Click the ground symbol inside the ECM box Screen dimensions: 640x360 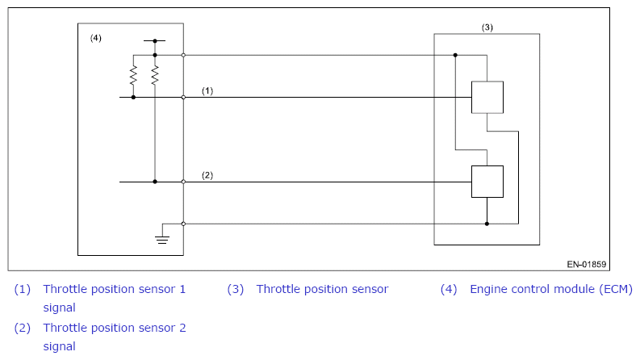[x=162, y=239]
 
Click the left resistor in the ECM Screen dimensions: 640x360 [x=133, y=76]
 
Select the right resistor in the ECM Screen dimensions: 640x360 [x=155, y=76]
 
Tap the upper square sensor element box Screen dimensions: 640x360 [x=487, y=97]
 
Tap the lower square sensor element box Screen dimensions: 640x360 [x=487, y=182]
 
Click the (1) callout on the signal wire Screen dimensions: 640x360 [x=207, y=90]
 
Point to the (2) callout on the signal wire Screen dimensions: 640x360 [x=207, y=175]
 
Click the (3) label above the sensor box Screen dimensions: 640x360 [x=487, y=27]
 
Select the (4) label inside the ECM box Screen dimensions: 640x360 [x=96, y=38]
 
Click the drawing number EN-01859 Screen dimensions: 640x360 [x=587, y=265]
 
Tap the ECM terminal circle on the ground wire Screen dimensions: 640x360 [x=184, y=224]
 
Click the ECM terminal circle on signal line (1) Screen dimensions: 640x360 [x=184, y=97]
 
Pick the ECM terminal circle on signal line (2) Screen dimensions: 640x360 [x=184, y=182]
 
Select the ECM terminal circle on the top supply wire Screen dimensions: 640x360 [x=184, y=55]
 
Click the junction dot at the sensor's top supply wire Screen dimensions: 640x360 [x=455, y=55]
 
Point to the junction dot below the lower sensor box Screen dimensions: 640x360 [x=487, y=224]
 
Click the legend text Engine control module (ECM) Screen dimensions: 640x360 [x=551, y=289]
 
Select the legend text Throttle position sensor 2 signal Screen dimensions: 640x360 [x=115, y=337]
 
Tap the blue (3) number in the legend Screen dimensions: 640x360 [x=236, y=289]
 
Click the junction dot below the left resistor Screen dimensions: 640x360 [x=133, y=97]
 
